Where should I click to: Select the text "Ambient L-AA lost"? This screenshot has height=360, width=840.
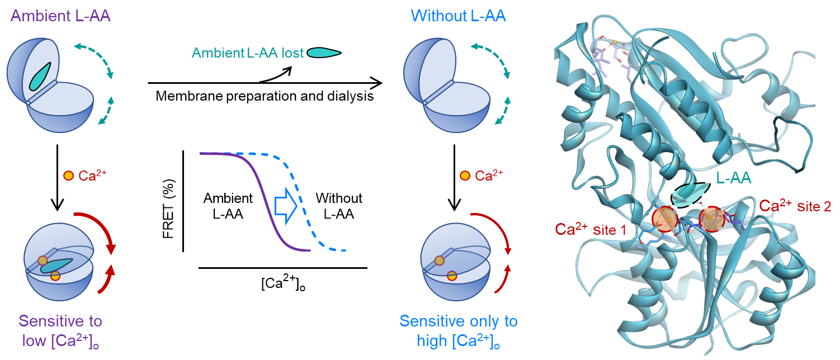[247, 53]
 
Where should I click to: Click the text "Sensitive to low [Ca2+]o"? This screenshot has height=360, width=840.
[60, 330]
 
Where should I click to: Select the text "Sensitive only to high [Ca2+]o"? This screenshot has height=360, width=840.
[459, 330]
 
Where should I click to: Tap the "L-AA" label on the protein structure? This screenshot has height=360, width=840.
[733, 178]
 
